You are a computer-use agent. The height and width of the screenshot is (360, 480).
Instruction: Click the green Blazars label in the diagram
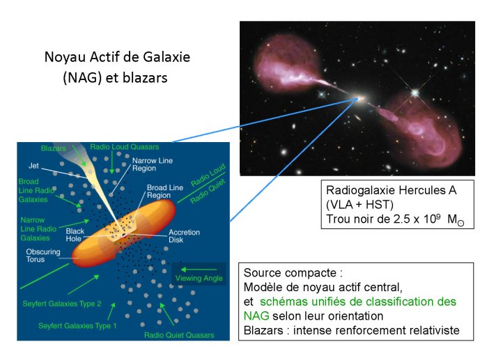[53, 148]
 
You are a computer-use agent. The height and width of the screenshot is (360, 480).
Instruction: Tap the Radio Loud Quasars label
[124, 147]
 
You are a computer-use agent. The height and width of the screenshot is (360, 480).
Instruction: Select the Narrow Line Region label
[153, 164]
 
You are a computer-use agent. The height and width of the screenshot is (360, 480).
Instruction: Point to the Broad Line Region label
[165, 191]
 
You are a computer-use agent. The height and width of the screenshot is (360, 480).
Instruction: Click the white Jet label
[33, 166]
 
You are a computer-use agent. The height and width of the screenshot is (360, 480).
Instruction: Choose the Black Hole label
[75, 235]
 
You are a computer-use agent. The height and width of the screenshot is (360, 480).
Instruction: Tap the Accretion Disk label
[184, 236]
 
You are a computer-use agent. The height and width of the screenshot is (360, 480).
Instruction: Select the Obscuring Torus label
[43, 256]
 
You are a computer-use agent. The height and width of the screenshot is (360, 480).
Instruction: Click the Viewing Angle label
[199, 279]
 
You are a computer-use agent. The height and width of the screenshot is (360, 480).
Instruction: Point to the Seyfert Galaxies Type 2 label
[62, 304]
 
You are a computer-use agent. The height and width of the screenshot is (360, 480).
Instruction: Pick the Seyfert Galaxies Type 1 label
[77, 326]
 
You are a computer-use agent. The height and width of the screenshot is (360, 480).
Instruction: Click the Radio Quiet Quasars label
[179, 335]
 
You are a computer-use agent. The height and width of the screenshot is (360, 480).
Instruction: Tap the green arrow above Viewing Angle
[199, 269]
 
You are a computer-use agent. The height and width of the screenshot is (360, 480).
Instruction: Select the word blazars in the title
[145, 78]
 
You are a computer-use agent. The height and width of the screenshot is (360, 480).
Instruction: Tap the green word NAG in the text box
[256, 315]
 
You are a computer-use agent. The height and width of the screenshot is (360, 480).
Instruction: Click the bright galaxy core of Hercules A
[361, 98]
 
